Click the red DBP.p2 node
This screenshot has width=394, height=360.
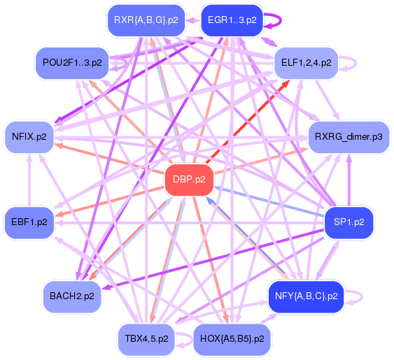(189, 180)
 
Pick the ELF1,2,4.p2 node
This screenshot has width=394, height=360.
(307, 62)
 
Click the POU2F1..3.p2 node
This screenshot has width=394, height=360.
(72, 62)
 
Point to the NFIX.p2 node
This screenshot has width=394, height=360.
(29, 136)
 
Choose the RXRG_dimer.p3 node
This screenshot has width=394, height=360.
(349, 136)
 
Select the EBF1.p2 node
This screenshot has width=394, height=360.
(29, 222)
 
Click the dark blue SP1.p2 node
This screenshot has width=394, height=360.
(349, 222)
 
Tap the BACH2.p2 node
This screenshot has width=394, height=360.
(72, 296)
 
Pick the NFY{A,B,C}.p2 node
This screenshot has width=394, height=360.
(307, 296)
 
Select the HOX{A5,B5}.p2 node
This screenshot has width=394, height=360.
(232, 338)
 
